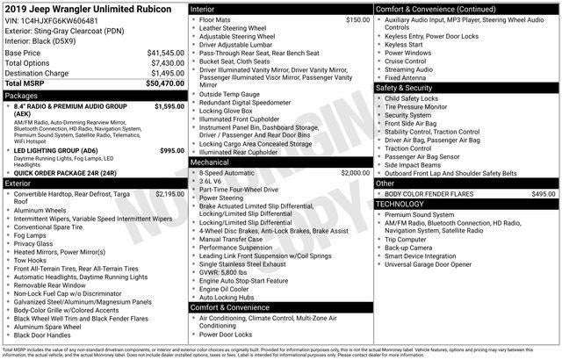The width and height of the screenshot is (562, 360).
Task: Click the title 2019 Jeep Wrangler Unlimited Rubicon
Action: point(83,8)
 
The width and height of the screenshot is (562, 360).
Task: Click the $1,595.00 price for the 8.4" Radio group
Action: point(169,106)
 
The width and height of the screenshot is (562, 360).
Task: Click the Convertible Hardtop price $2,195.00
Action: point(169,194)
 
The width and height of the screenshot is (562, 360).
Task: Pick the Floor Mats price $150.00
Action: point(357,19)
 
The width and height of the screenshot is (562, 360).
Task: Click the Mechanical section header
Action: point(210,162)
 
